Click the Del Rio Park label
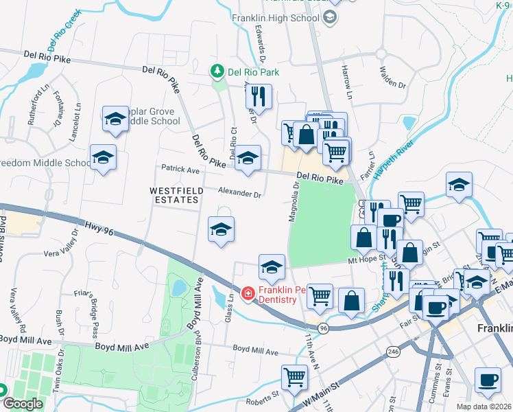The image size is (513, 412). [254, 71]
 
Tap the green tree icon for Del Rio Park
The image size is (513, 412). [217, 71]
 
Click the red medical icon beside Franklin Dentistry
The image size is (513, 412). [248, 294]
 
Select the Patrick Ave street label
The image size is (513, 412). [180, 168]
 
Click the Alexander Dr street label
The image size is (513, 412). [240, 194]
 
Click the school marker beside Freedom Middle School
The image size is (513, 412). [103, 157]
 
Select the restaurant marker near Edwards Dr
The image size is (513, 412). [259, 97]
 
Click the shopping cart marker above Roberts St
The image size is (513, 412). [294, 377]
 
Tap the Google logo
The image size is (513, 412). [22, 404]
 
